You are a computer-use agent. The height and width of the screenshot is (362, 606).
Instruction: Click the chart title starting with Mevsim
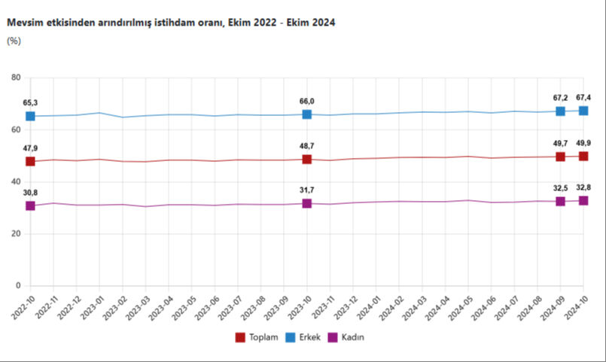tap(171, 23)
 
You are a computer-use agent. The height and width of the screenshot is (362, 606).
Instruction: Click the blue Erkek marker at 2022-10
tap(30, 116)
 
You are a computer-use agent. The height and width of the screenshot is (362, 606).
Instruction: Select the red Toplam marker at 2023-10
tap(307, 160)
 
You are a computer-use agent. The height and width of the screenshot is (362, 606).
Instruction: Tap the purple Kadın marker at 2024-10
tap(583, 200)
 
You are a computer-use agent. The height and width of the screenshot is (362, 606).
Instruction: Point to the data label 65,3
tap(31, 102)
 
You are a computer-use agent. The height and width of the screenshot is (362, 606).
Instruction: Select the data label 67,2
tap(560, 97)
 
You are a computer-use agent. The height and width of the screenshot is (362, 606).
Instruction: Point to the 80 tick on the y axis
tap(15, 78)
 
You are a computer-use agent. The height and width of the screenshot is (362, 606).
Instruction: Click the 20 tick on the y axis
tap(15, 234)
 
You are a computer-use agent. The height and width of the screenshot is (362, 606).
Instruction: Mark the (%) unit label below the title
tap(14, 41)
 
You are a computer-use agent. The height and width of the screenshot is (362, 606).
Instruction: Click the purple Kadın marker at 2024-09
tap(560, 201)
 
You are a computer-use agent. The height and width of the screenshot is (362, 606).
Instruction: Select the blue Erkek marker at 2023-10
tap(307, 114)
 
